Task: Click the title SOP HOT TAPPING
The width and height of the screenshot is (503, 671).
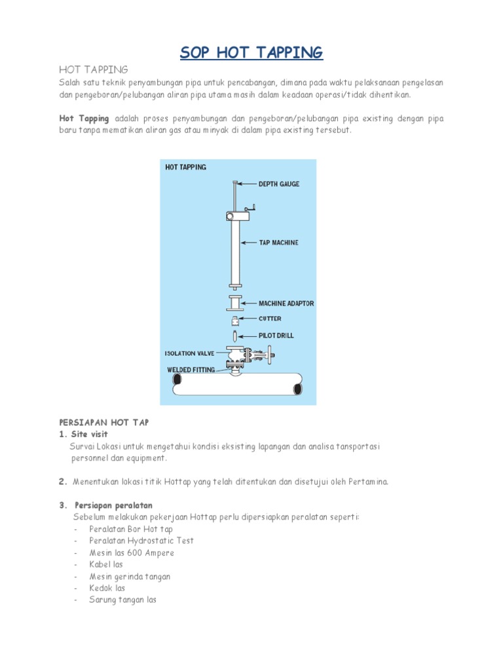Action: (251, 52)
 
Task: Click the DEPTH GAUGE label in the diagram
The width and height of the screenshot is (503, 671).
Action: (274, 184)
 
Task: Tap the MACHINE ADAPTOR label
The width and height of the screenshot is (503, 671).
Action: (286, 303)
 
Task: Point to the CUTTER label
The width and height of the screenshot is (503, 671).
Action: (270, 319)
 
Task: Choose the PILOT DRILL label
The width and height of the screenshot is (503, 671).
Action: (276, 335)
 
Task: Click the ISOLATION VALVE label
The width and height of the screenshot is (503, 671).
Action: (189, 353)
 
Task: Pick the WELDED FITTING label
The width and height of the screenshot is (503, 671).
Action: (191, 370)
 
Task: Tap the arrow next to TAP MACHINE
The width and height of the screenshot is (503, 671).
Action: (249, 242)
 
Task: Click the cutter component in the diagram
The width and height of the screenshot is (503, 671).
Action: (234, 321)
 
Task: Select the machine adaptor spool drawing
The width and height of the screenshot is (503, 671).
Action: (234, 303)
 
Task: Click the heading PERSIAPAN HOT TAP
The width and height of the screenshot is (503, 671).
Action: (104, 423)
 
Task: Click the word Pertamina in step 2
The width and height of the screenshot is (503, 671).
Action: (369, 482)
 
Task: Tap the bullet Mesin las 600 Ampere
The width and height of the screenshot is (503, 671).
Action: (132, 553)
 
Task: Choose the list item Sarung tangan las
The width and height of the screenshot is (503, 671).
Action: (123, 600)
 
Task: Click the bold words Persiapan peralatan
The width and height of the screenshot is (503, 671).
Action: (114, 505)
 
